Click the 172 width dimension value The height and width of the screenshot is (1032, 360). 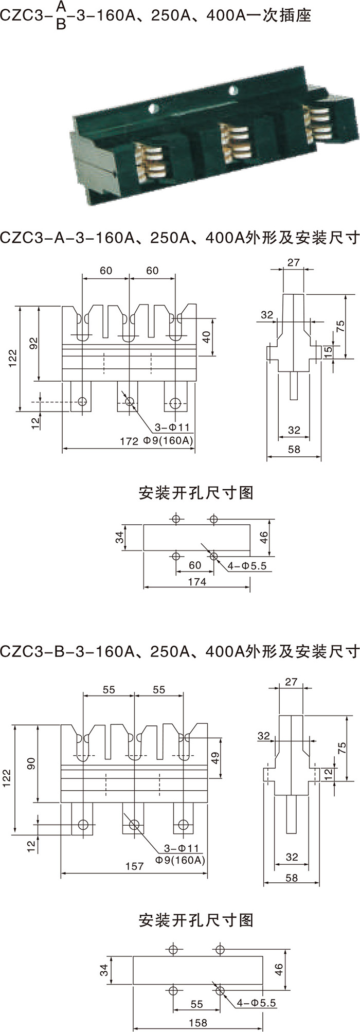click(129, 441)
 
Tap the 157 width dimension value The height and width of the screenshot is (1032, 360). click(134, 866)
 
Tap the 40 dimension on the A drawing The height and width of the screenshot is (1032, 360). click(207, 337)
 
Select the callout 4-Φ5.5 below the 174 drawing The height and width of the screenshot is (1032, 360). click(246, 566)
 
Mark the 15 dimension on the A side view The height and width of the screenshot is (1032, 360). click(328, 352)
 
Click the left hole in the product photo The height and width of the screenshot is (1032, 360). click(153, 109)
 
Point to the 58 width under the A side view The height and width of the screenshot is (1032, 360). click(294, 449)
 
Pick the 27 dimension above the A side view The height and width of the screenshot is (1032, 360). click(294, 248)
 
